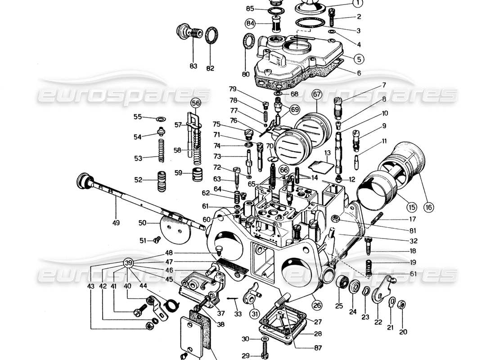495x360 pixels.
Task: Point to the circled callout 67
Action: point(317,94)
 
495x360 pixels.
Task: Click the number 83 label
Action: point(193,66)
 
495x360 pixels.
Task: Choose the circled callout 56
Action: point(195,103)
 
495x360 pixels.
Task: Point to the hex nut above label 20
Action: point(403,303)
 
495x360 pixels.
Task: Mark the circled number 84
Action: point(250,23)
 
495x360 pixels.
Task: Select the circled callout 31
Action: point(255,313)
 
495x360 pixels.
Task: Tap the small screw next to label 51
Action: point(157,240)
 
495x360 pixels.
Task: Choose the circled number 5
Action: point(358,58)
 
